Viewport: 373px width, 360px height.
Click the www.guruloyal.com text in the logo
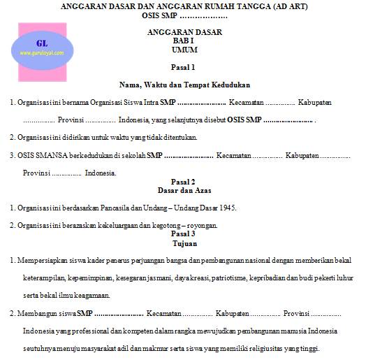(x=43, y=53)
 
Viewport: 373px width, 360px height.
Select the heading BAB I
(x=184, y=41)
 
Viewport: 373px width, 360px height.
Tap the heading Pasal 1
(x=184, y=67)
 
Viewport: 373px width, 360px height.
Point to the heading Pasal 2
(x=184, y=182)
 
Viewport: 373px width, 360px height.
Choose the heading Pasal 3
(x=184, y=234)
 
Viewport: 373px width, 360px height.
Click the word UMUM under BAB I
(x=184, y=50)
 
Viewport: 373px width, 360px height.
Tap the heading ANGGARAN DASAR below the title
(x=184, y=32)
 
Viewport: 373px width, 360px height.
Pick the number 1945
(x=226, y=208)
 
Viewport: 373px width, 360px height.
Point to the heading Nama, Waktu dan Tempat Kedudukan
(x=184, y=85)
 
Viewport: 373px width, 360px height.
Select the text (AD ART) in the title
(x=288, y=6)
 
